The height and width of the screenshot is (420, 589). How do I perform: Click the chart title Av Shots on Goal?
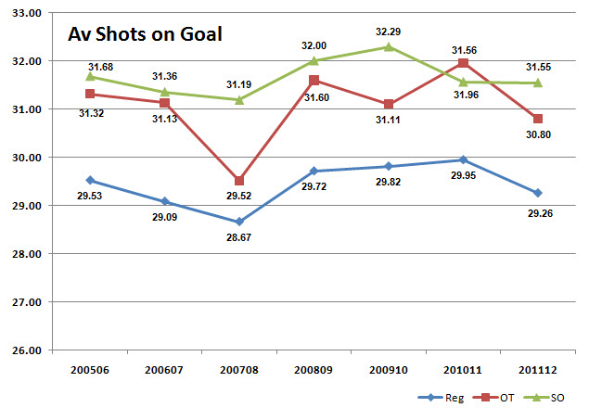[x=144, y=36]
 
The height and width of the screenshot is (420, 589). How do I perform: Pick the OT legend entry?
[x=498, y=397]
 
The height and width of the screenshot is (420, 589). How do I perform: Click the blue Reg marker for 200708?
[x=239, y=222]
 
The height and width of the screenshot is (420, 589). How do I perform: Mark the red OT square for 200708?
[x=239, y=181]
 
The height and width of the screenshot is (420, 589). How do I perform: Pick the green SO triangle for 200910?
[x=389, y=46]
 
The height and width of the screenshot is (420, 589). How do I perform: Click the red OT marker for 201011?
[x=463, y=63]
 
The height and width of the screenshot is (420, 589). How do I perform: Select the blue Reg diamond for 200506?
[x=90, y=180]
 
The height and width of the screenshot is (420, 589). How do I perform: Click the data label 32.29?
[x=388, y=30]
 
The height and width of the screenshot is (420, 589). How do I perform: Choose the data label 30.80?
[x=538, y=136]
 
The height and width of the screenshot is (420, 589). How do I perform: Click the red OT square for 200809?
[x=314, y=80]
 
